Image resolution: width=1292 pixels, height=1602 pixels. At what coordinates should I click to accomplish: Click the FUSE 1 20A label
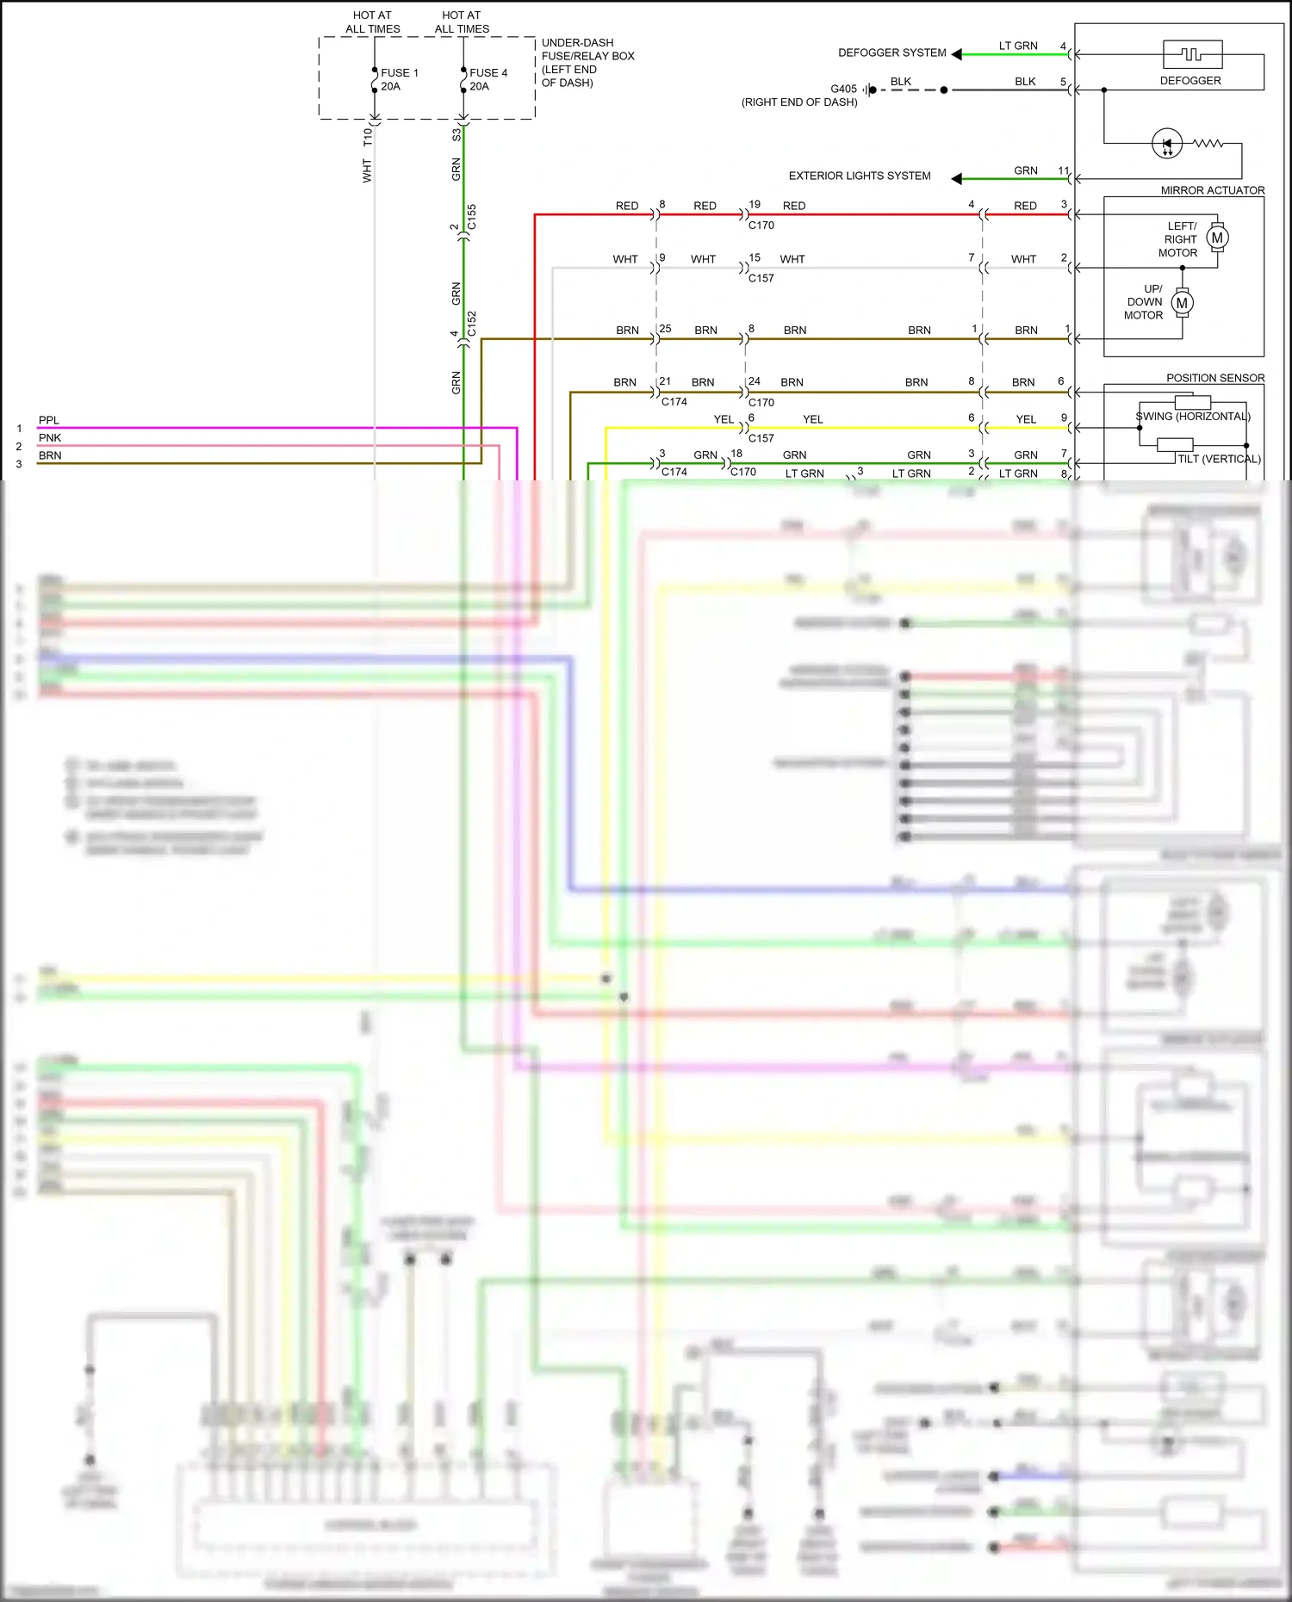(399, 79)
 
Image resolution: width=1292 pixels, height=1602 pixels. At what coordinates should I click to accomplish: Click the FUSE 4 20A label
(488, 79)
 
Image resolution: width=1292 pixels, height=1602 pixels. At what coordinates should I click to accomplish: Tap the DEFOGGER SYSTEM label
(891, 53)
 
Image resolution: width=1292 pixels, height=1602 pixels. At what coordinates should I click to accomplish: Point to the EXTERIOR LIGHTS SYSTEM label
(859, 176)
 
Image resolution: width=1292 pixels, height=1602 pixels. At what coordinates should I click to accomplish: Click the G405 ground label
(843, 89)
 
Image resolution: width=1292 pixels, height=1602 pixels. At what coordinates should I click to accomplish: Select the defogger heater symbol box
(1192, 54)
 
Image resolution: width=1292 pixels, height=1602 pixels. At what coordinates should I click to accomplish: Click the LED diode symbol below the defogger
(1167, 144)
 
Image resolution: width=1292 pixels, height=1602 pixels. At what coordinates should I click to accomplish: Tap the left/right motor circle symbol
(1217, 238)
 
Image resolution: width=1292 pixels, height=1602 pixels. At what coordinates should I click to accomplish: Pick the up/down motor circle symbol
(1182, 303)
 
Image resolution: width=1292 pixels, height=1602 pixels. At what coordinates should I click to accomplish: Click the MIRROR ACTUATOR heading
(1212, 190)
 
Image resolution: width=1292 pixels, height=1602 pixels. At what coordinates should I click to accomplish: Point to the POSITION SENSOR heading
(1214, 378)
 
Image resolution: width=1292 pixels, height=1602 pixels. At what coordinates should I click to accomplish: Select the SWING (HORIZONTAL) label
(1192, 417)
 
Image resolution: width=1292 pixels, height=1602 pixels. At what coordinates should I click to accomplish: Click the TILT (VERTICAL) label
(1218, 459)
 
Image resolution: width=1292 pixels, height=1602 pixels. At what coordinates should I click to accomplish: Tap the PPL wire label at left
(49, 420)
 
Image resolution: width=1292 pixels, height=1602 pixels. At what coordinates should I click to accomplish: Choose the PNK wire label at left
(50, 437)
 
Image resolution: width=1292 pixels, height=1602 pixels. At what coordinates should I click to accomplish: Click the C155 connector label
(471, 217)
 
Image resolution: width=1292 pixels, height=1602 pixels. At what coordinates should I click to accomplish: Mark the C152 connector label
(471, 324)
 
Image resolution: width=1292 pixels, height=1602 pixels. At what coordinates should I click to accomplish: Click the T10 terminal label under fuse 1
(368, 138)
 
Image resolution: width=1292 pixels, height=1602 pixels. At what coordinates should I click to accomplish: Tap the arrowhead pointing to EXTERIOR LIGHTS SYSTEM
(956, 178)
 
